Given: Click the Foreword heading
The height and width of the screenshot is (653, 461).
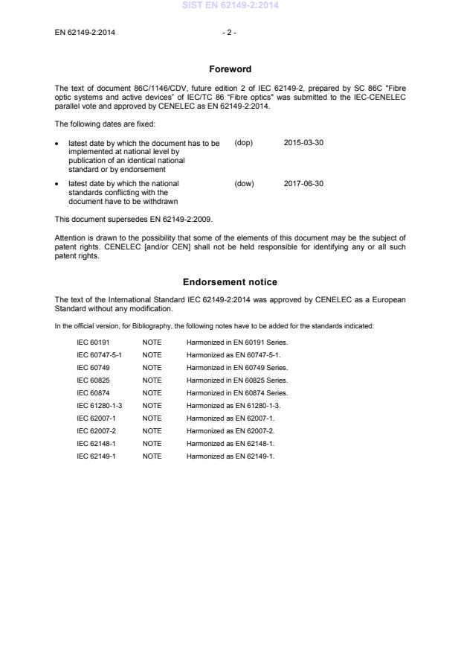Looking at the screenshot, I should [x=230, y=69].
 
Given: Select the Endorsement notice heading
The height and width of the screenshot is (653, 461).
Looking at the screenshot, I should [x=230, y=282].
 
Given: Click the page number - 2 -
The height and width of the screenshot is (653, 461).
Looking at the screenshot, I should [x=230, y=33].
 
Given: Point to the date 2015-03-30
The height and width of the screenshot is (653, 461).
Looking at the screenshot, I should [x=303, y=143].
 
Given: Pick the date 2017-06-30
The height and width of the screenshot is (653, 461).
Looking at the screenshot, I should [x=303, y=183].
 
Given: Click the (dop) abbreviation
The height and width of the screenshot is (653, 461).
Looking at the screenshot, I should [x=244, y=143].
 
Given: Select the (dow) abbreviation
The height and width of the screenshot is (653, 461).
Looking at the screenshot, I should [x=244, y=183].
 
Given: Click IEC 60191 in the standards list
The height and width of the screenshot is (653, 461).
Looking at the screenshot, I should [x=92, y=343].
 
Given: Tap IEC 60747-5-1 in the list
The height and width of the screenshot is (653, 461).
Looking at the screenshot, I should [x=99, y=355].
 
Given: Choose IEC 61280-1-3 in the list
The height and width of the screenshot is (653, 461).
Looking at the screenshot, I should [x=99, y=405].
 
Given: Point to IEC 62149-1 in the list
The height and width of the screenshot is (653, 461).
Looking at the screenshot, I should [x=96, y=456].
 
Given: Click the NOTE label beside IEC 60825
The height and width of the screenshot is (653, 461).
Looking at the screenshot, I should [x=152, y=380].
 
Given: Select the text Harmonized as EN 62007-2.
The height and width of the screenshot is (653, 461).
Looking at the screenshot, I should [x=230, y=430].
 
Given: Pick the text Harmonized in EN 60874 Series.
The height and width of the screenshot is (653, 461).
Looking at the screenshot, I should [x=237, y=392].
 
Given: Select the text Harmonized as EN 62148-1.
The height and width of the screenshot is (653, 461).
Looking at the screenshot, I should [x=230, y=443].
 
